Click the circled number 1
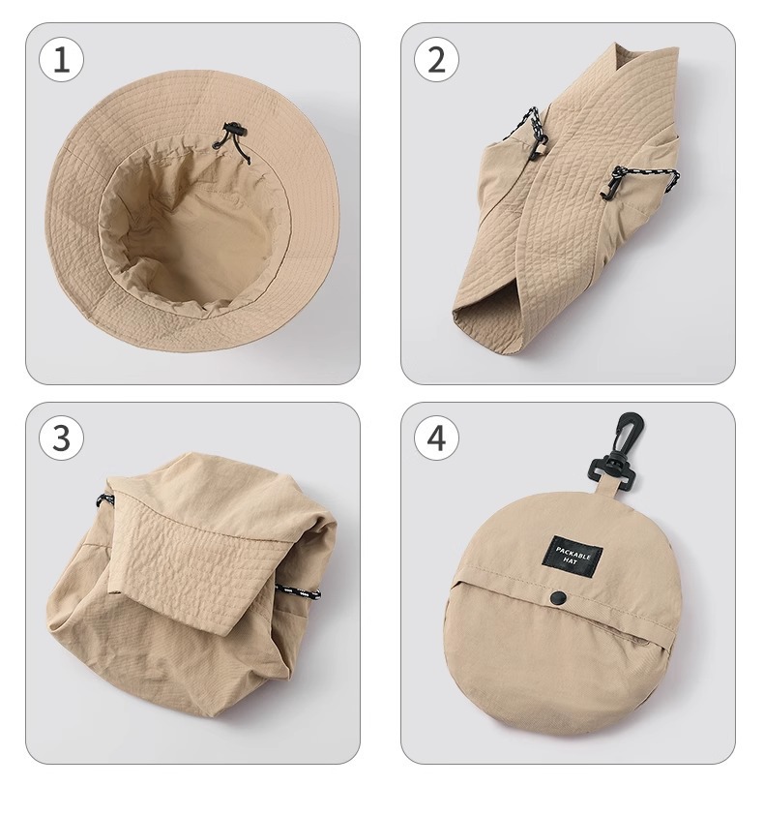pos(61,59)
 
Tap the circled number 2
pos(436,59)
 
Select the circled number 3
pos(61,438)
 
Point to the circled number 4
pos(436,438)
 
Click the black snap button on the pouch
pos(559,597)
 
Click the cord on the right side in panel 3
pos(298,591)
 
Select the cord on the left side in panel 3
pos(105,500)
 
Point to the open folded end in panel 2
pos(486,330)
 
